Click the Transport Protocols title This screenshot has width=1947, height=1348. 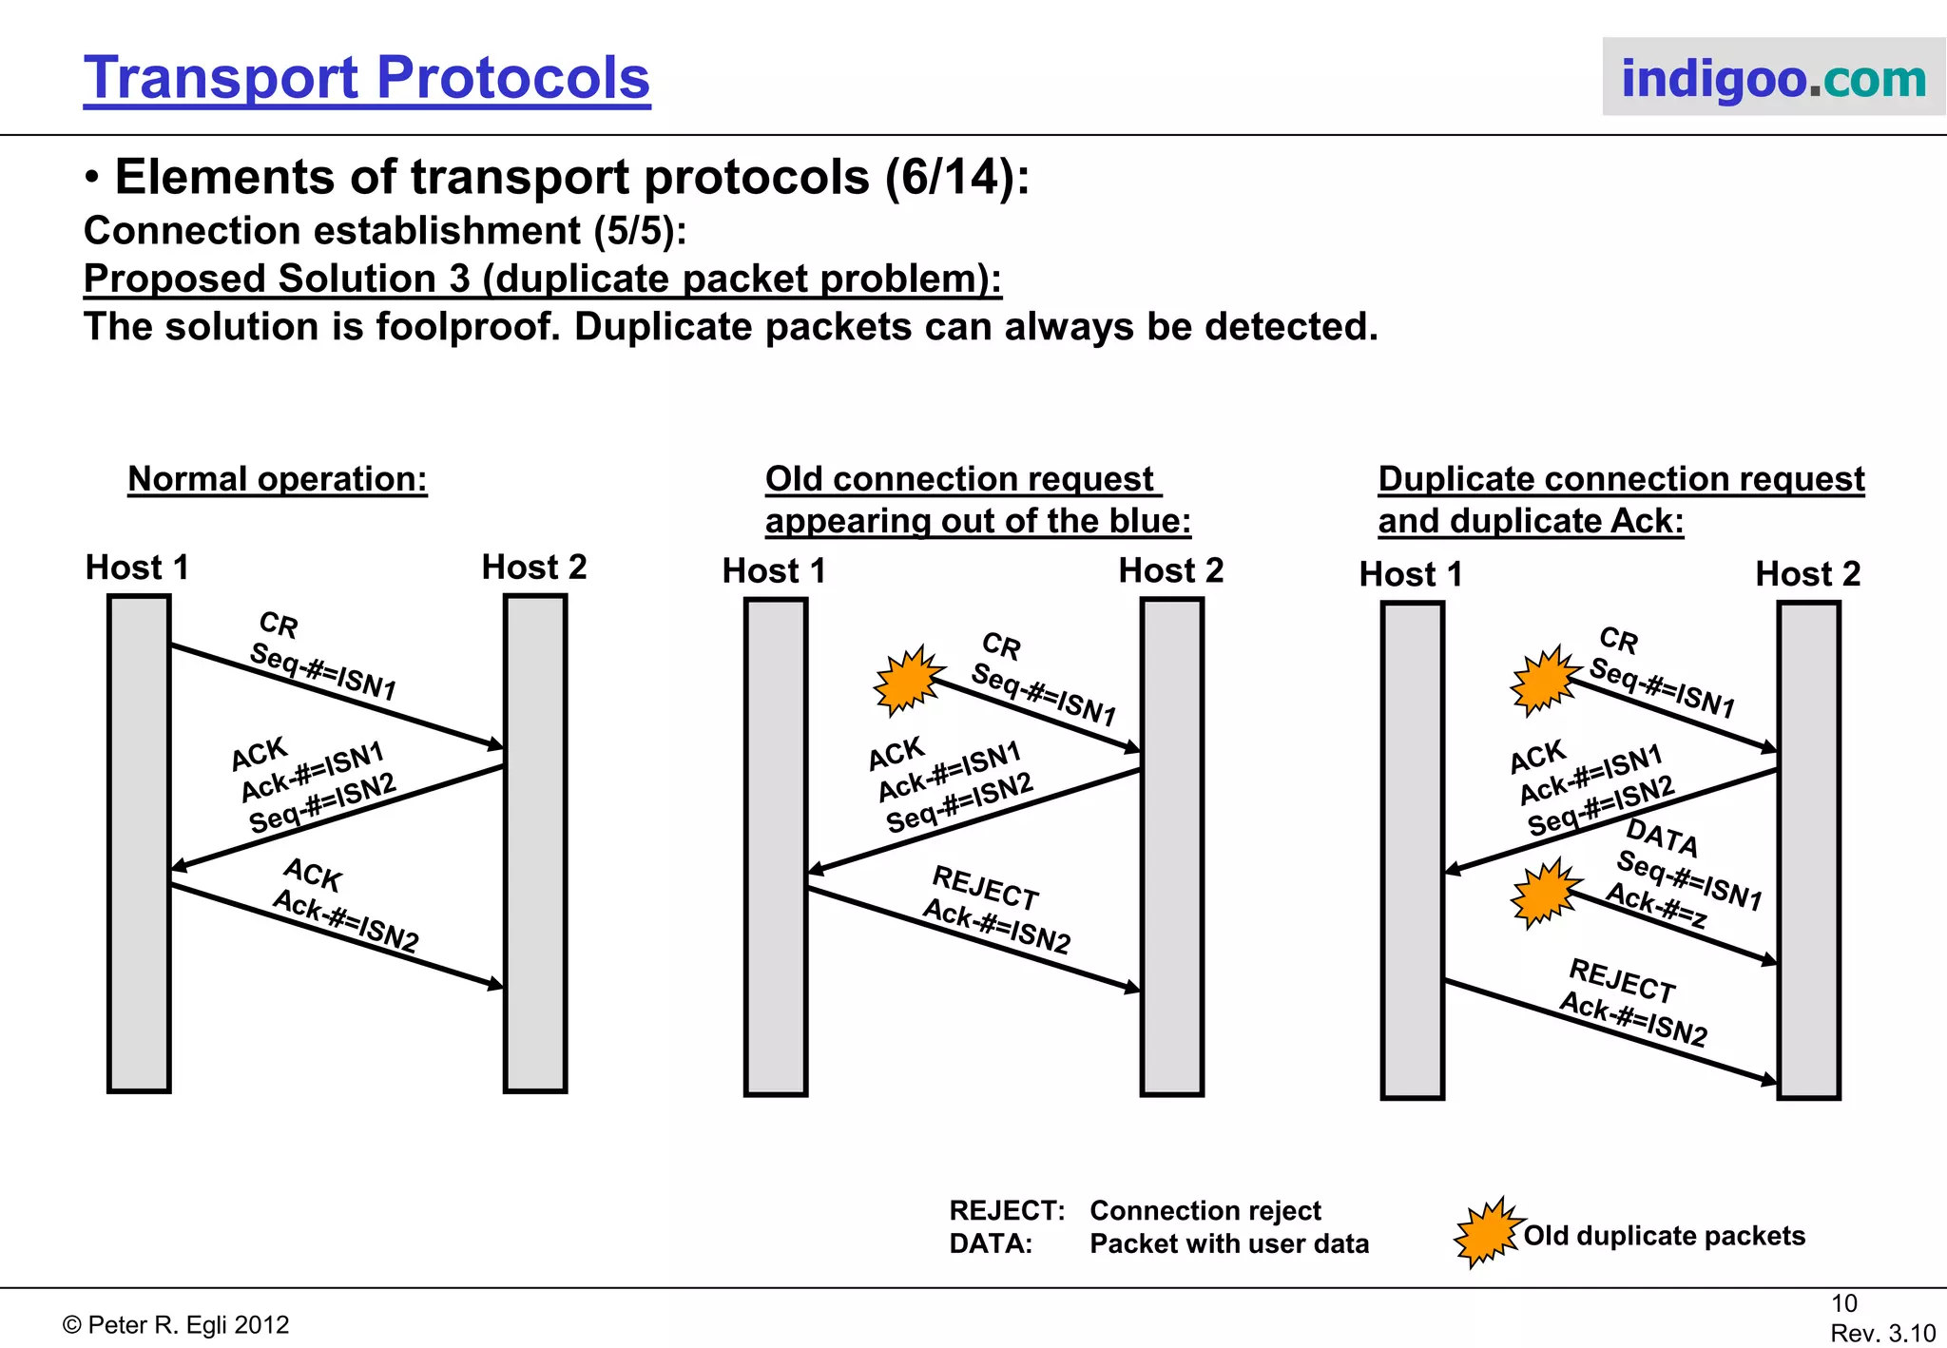click(x=367, y=78)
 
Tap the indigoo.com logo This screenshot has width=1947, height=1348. click(x=1773, y=78)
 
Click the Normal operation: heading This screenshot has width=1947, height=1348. click(x=278, y=479)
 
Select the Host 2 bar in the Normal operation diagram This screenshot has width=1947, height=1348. click(x=535, y=843)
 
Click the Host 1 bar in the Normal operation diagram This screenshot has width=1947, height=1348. click(x=139, y=843)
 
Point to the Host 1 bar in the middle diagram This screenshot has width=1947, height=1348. click(x=776, y=846)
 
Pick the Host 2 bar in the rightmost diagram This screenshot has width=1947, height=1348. click(x=1808, y=850)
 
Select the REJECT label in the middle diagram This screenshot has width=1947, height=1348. click(x=986, y=888)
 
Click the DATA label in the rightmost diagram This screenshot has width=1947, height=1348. click(x=1662, y=838)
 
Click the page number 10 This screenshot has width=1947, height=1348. click(x=1843, y=1303)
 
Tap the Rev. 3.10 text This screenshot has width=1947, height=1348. click(x=1882, y=1333)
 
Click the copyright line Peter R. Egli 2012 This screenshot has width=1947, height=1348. click(x=176, y=1325)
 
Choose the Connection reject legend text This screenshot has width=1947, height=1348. click(x=1205, y=1211)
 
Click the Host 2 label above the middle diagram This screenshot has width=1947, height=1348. click(x=1170, y=570)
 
